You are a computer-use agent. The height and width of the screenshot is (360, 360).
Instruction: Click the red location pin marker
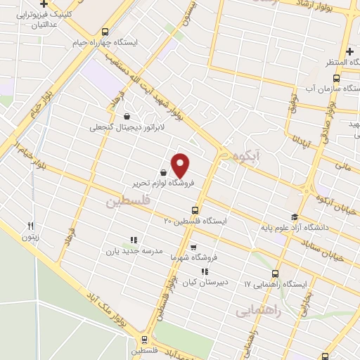(x=181, y=165)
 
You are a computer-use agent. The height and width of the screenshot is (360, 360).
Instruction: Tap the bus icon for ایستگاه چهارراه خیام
(x=105, y=32)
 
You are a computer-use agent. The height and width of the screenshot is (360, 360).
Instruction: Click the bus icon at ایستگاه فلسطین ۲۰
(x=195, y=210)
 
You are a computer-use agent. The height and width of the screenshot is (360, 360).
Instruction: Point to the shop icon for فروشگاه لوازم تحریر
(x=164, y=172)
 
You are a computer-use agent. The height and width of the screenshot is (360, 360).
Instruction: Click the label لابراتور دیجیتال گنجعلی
(x=120, y=128)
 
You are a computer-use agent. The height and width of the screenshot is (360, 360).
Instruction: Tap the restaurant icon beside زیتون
(x=30, y=226)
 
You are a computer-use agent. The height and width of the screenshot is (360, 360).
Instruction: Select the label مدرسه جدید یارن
(x=134, y=250)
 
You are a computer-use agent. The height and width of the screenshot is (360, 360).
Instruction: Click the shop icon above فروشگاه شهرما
(x=193, y=247)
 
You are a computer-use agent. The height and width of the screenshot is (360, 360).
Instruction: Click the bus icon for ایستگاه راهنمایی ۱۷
(x=275, y=273)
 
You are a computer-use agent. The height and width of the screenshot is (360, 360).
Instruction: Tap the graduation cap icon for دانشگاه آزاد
(x=295, y=217)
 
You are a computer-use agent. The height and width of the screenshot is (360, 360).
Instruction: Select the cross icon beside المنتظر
(x=349, y=51)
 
